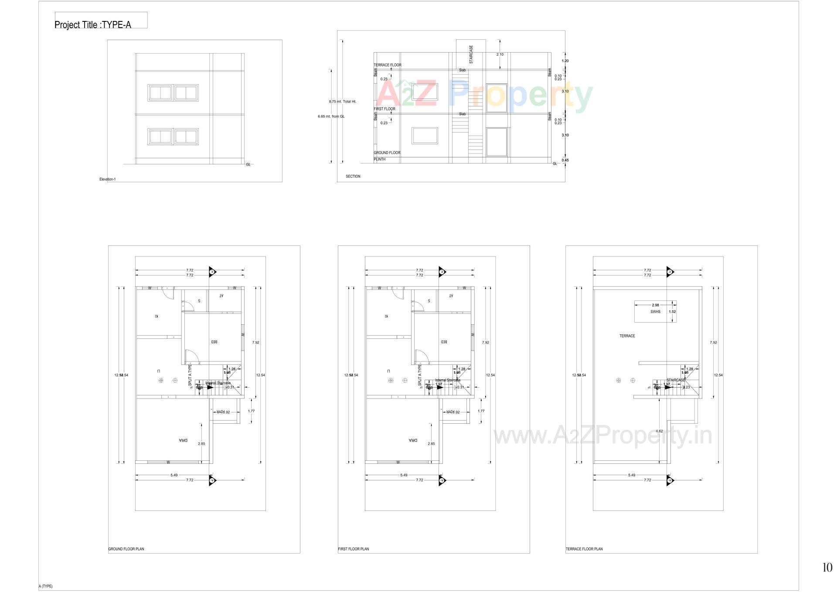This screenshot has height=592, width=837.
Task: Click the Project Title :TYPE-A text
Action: click(92, 24)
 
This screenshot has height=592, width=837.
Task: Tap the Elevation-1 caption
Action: click(108, 179)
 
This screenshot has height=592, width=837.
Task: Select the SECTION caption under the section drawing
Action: click(353, 177)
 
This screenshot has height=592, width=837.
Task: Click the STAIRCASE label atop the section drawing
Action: click(471, 54)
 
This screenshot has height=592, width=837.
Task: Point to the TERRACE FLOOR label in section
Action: click(388, 65)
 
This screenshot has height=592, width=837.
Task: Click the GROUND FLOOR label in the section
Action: click(387, 153)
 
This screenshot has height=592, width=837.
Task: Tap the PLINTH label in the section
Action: click(380, 160)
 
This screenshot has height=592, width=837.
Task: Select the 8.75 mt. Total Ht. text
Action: click(343, 102)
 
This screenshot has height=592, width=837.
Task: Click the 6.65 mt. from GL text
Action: click(331, 116)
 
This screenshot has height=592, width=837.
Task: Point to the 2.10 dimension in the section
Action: click(500, 54)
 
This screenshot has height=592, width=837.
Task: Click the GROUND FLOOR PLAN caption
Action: click(126, 549)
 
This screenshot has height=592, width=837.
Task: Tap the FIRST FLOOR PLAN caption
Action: click(354, 549)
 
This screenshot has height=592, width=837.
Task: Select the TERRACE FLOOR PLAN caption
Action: click(584, 549)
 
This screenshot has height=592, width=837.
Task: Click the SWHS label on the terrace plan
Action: click(655, 312)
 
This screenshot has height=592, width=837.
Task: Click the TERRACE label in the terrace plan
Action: click(627, 336)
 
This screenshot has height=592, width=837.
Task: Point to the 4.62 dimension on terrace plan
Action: click(659, 431)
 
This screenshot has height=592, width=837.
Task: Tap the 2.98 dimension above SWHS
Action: click(655, 305)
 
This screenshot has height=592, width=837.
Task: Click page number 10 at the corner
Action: click(827, 567)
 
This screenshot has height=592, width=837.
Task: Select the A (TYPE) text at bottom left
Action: click(46, 586)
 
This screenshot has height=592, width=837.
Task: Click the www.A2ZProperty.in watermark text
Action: click(602, 435)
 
